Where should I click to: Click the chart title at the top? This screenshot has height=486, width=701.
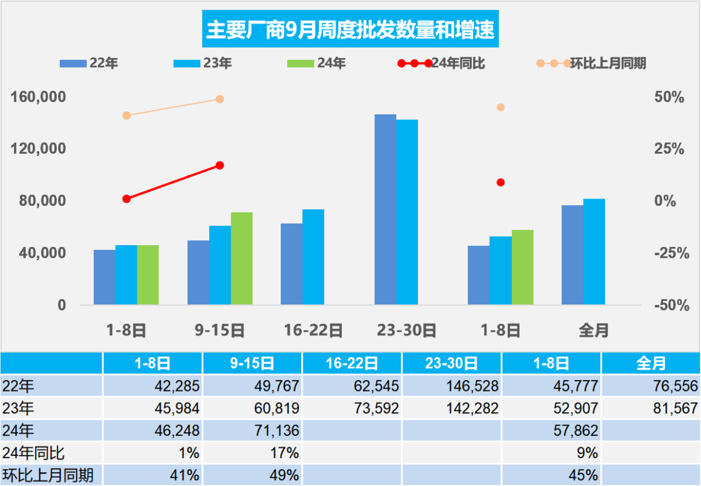pyautogui.click(x=350, y=29)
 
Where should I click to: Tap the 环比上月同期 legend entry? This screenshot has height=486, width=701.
pyautogui.click(x=591, y=63)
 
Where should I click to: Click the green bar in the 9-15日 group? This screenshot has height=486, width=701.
pyautogui.click(x=242, y=258)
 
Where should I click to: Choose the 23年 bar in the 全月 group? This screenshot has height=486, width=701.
pyautogui.click(x=594, y=251)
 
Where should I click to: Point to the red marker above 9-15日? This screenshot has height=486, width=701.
pyautogui.click(x=220, y=165)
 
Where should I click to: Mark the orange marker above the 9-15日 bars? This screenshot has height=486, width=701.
pyautogui.click(x=220, y=99)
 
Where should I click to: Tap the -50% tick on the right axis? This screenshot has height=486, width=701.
pyautogui.click(x=669, y=305)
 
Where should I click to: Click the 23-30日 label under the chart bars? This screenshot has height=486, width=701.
pyautogui.click(x=406, y=330)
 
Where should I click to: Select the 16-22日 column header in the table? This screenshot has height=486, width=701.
pyautogui.click(x=351, y=363)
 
